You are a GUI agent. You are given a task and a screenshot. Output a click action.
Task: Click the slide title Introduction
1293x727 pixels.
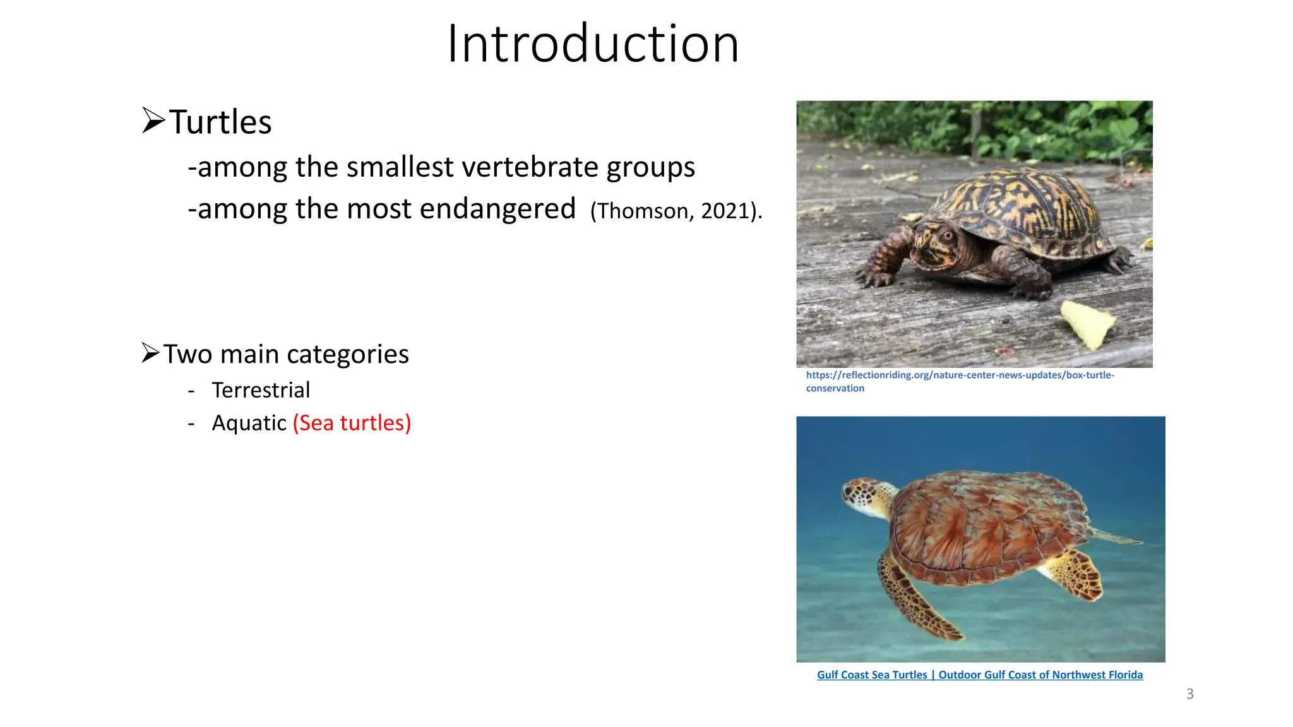[592, 44]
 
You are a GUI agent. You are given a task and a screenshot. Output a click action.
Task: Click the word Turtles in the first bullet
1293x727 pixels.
[220, 122]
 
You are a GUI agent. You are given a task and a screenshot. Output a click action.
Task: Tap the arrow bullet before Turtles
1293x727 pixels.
[153, 120]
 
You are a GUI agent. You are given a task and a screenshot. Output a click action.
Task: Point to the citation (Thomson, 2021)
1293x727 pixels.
[676, 211]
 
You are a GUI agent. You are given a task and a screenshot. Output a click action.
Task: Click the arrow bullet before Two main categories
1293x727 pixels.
[150, 352]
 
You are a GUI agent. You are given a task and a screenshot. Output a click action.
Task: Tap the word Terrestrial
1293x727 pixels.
[261, 390]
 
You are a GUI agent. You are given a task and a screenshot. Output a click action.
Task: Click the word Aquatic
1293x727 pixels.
[249, 423]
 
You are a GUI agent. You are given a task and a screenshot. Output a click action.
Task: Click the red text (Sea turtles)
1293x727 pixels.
[352, 423]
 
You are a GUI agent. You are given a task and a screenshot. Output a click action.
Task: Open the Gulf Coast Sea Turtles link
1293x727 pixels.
[979, 675]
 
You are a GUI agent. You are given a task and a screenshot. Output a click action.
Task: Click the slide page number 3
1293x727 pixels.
[1189, 694]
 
